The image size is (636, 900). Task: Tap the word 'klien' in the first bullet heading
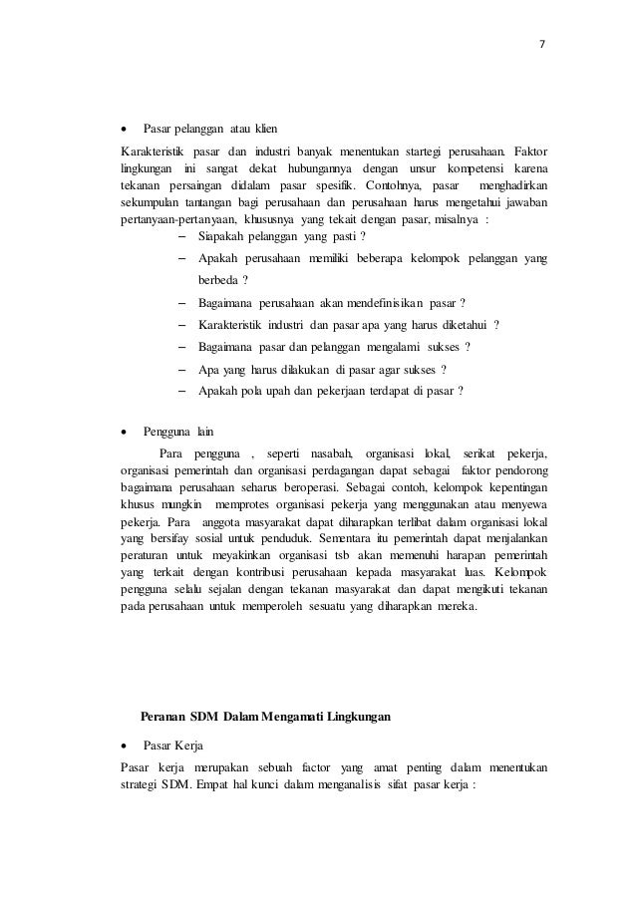(266, 130)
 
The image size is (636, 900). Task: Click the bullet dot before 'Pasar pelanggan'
(124, 130)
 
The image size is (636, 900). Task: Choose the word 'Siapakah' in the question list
(222, 237)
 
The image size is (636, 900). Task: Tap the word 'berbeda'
(218, 279)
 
